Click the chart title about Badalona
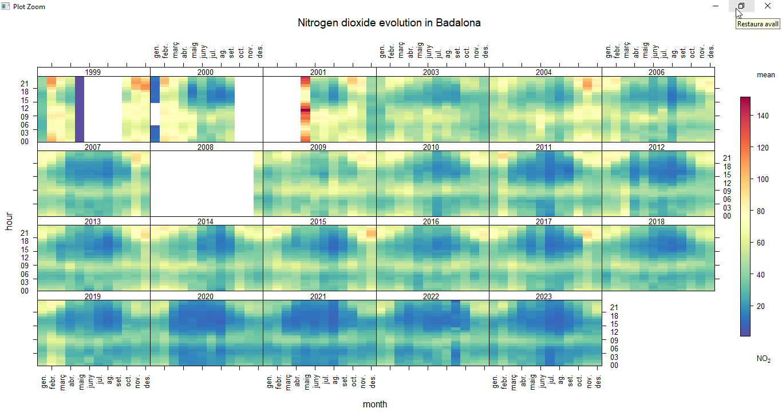pyautogui.click(x=389, y=23)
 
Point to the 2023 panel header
pyautogui.click(x=543, y=296)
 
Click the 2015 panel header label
pyautogui.click(x=318, y=221)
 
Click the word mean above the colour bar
pyautogui.click(x=765, y=75)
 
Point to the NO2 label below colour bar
pyautogui.click(x=763, y=359)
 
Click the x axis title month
pyautogui.click(x=375, y=405)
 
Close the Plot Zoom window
pyautogui.click(x=768, y=6)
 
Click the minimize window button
pyautogui.click(x=716, y=6)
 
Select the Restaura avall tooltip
pyautogui.click(x=757, y=24)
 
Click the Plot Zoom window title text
pyautogui.click(x=29, y=6)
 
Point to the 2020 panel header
pyautogui.click(x=205, y=296)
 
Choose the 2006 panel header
pyautogui.click(x=657, y=72)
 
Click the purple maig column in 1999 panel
pyautogui.click(x=80, y=109)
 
